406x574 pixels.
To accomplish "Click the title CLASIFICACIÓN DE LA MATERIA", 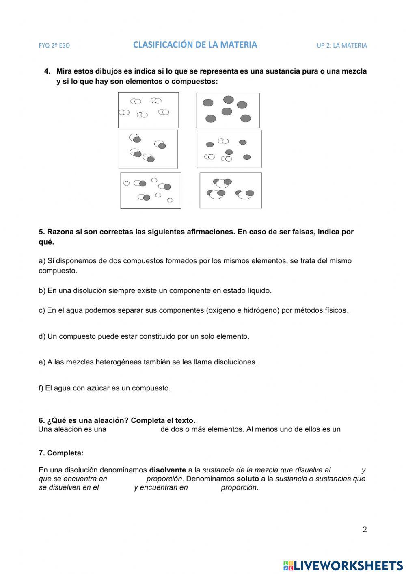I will click(195, 45).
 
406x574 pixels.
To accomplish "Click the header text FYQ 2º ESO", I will click(54, 45).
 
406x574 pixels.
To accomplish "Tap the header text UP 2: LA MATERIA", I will click(341, 45).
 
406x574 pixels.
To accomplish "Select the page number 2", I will click(365, 529).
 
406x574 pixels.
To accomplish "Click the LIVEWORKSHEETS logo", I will click(343, 565).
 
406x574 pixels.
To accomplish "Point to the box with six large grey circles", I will click(228, 110).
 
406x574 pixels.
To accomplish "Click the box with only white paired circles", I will click(148, 110).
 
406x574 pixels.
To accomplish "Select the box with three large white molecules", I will click(231, 190).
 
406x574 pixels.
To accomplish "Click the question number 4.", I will click(47, 71).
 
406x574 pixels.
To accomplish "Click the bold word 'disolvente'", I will click(168, 470).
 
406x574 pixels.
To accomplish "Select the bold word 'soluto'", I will click(248, 479).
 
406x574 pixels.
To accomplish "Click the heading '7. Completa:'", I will click(61, 453).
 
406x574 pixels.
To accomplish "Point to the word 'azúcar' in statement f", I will click(98, 388).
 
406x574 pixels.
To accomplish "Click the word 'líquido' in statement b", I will click(259, 290).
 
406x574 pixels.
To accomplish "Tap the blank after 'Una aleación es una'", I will click(133, 429).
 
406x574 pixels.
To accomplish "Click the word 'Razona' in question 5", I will click(58, 232).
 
